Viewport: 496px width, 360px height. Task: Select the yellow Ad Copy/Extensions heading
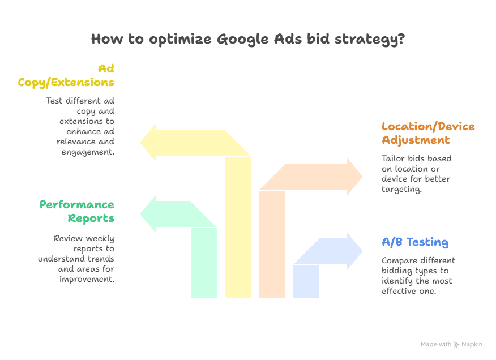pyautogui.click(x=66, y=75)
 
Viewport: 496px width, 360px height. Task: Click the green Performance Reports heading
pyautogui.click(x=77, y=211)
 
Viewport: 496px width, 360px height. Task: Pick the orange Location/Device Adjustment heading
pyautogui.click(x=428, y=133)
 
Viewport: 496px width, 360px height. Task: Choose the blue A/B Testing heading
pyautogui.click(x=415, y=242)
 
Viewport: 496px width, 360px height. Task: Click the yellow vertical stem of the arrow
pyautogui.click(x=238, y=226)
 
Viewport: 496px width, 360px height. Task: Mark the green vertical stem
pyautogui.click(x=204, y=263)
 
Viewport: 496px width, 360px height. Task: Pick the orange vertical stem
pyautogui.click(x=272, y=243)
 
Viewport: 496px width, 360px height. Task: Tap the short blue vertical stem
pyautogui.click(x=306, y=281)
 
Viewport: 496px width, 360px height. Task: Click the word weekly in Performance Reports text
pyautogui.click(x=100, y=239)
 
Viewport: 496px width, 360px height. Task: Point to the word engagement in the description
pyautogui.click(x=88, y=152)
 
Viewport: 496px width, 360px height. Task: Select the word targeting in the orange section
pyautogui.click(x=401, y=190)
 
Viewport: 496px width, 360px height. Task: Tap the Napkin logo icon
pyautogui.click(x=457, y=344)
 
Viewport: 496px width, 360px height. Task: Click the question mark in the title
pyautogui.click(x=401, y=40)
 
